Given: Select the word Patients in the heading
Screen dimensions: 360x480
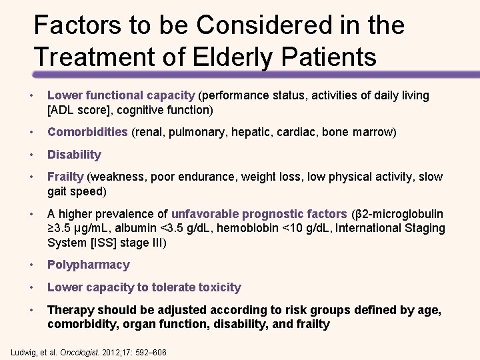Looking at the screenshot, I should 328,57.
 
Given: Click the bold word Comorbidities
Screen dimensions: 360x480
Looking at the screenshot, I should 87,132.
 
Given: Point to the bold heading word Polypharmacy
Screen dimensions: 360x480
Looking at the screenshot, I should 88,265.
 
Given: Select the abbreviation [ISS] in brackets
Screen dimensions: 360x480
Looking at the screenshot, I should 103,242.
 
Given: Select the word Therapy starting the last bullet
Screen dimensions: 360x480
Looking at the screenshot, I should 69,310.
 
